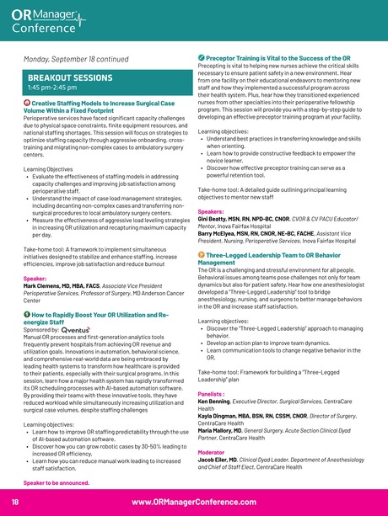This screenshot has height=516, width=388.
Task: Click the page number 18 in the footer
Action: tap(15, 502)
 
